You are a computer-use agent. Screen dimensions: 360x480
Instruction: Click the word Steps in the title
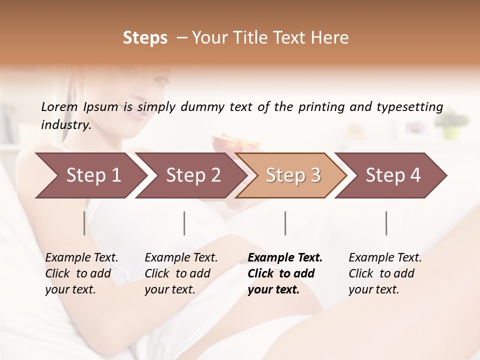point(145,37)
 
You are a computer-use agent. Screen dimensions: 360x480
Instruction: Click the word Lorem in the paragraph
point(59,106)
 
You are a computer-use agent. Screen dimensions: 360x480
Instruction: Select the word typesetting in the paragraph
point(409,106)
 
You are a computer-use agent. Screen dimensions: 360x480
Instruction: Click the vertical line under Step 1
point(84,223)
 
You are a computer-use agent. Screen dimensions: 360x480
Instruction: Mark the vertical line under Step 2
point(184,223)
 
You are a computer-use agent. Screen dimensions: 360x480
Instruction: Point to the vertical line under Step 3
point(285,223)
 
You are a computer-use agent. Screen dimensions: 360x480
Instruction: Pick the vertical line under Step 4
point(386,223)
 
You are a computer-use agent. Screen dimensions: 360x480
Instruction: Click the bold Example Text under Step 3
point(285,257)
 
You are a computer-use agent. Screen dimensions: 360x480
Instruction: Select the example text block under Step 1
point(81,273)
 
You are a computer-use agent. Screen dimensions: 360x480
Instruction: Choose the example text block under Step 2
point(181,273)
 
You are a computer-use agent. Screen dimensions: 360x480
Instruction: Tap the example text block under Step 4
point(385,273)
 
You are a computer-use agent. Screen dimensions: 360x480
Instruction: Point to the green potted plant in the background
point(451,125)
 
